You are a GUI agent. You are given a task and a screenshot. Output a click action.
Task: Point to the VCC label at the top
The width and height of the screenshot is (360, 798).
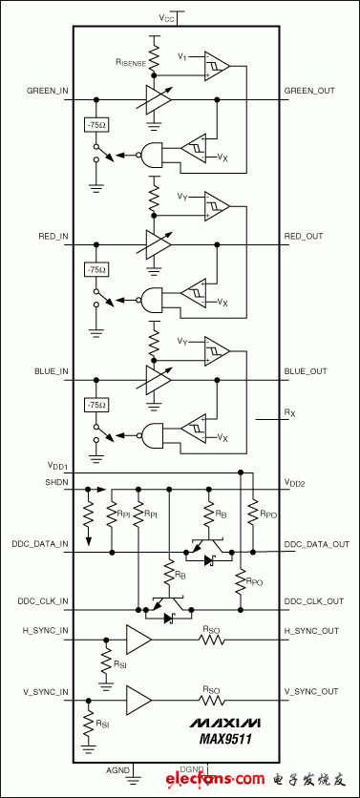pos(167,17)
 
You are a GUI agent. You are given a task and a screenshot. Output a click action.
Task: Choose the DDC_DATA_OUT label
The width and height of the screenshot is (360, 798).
pos(317,544)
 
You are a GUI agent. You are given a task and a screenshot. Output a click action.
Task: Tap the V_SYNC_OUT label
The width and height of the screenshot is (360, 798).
pos(313,691)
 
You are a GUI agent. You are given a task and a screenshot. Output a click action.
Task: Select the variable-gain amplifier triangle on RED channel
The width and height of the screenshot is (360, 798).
pos(157,244)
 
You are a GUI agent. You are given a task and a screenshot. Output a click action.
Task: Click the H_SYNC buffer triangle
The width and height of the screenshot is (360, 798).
pos(138,640)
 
